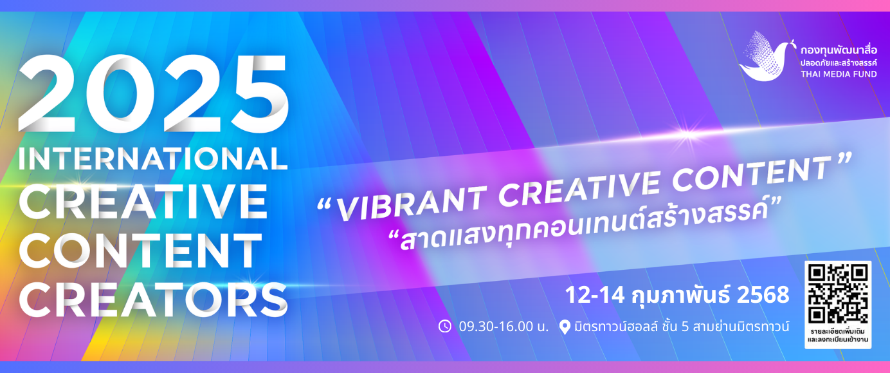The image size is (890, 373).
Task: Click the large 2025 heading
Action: click(153, 93)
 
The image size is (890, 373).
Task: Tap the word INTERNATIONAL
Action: click(153, 158)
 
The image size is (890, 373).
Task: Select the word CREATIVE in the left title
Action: click(143, 202)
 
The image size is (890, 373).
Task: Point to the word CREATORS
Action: click(153, 299)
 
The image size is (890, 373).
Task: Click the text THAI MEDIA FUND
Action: click(839, 74)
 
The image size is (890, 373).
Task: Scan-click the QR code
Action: click(838, 294)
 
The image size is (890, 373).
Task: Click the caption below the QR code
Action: click(838, 336)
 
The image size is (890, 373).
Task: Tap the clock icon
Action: click(444, 326)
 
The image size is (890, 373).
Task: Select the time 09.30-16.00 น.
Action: click(504, 327)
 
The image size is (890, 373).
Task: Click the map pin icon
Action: click(565, 327)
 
